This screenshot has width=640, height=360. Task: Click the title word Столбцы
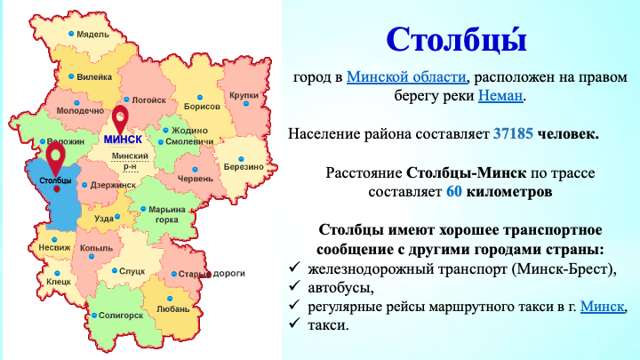pos(456,40)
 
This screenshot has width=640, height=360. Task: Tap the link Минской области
pos(406,76)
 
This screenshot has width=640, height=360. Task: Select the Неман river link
pos(500,95)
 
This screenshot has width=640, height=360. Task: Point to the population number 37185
pos(513,133)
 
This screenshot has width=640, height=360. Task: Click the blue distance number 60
pos(454,191)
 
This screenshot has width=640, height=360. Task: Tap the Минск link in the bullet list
pos(603,306)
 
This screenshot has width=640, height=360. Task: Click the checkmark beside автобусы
pos(294,285)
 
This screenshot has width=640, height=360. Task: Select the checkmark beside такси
pos(294,324)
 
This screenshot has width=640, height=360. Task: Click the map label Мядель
pos(93,35)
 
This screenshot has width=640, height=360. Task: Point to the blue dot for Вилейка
pos(71,76)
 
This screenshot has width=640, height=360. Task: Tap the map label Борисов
pos(202,107)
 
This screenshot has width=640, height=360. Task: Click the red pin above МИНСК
pos(120,119)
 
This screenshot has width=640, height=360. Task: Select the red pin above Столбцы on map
pos(55,157)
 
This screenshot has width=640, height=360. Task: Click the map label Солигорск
pos(121,316)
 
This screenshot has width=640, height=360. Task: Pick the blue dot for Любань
pos(170,299)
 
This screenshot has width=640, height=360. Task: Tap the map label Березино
pos(244,167)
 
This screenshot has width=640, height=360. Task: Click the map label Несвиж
pos(55,247)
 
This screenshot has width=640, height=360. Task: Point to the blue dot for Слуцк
pos(115,270)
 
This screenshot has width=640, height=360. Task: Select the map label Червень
pos(195,179)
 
